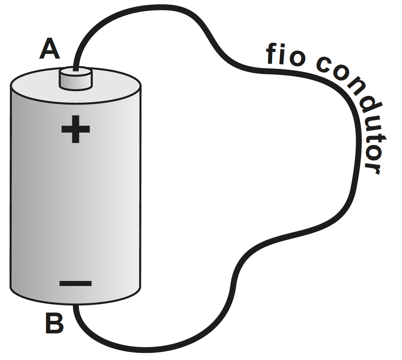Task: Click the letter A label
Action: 50,49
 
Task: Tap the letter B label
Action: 54,323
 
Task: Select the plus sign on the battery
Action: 76,129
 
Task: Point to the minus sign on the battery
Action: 76,283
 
